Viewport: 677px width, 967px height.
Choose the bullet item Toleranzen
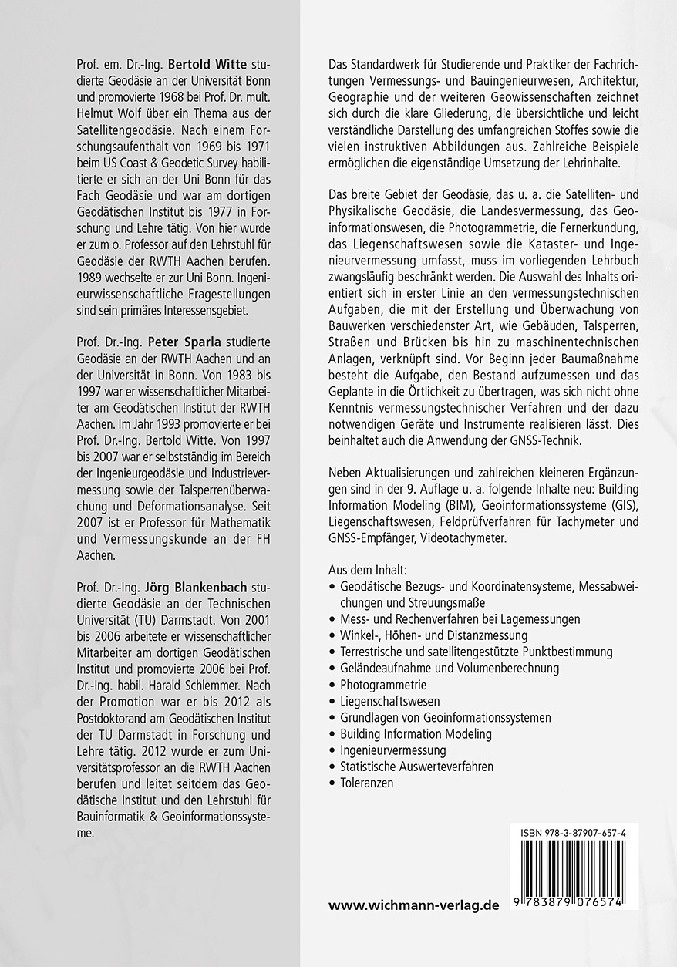point(366,783)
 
